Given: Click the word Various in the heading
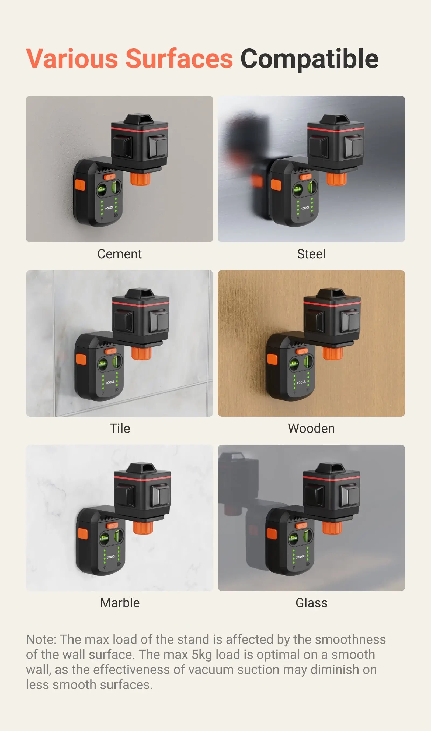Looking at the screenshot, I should point(72,59).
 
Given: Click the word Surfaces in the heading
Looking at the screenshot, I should point(179,59).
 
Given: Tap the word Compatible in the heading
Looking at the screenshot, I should point(309,59).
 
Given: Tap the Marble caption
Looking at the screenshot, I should point(120,603).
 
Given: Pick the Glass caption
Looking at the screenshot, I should point(311,603).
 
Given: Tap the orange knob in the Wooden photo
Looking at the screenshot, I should point(333,353).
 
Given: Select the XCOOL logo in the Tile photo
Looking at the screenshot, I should point(110,382).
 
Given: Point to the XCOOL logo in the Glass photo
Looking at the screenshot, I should point(301,557).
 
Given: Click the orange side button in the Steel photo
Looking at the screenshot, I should point(276,185).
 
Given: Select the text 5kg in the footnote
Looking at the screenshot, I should point(201,655).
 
